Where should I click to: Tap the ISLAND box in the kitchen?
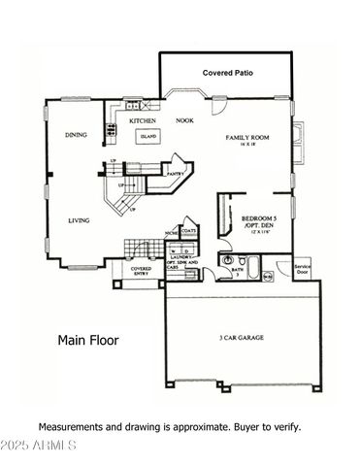[148, 138]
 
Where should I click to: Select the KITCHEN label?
[145, 121]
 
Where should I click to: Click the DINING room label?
[78, 135]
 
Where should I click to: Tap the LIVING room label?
[79, 220]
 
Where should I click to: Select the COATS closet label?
[188, 231]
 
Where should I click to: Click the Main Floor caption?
[86, 340]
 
